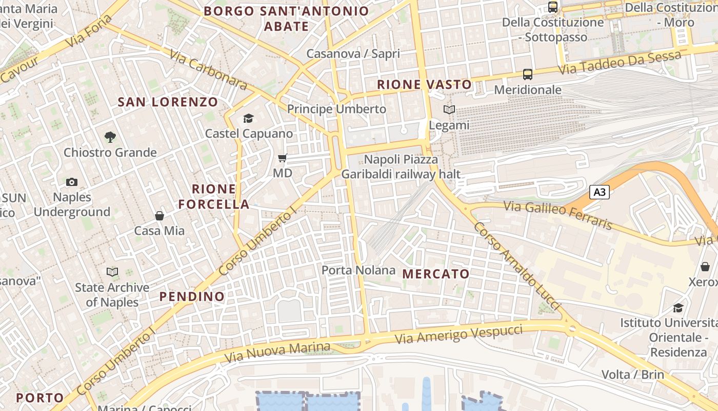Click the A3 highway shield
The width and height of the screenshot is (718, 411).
click(x=600, y=193)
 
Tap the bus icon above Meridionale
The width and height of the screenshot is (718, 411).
click(x=528, y=74)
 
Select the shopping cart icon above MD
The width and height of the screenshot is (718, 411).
click(x=283, y=158)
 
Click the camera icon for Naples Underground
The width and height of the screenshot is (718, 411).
click(x=72, y=182)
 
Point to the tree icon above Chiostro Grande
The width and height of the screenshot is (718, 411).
click(x=110, y=137)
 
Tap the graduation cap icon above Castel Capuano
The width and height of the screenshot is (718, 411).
click(x=249, y=119)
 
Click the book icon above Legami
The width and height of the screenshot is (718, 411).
click(x=449, y=110)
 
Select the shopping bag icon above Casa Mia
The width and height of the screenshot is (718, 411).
click(x=159, y=216)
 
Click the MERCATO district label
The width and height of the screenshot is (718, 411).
click(x=436, y=274)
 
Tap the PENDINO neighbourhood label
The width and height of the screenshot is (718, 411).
click(x=192, y=296)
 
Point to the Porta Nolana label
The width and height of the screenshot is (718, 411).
click(x=358, y=270)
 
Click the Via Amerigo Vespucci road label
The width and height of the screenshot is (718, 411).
click(x=459, y=334)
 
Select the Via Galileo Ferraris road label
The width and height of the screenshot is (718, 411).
click(x=558, y=215)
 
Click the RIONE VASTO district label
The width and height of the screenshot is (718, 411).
click(x=424, y=85)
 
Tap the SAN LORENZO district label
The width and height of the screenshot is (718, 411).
click(x=168, y=102)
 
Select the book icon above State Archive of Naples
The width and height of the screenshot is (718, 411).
click(x=112, y=272)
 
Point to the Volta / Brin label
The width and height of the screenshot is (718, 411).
click(x=632, y=374)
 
